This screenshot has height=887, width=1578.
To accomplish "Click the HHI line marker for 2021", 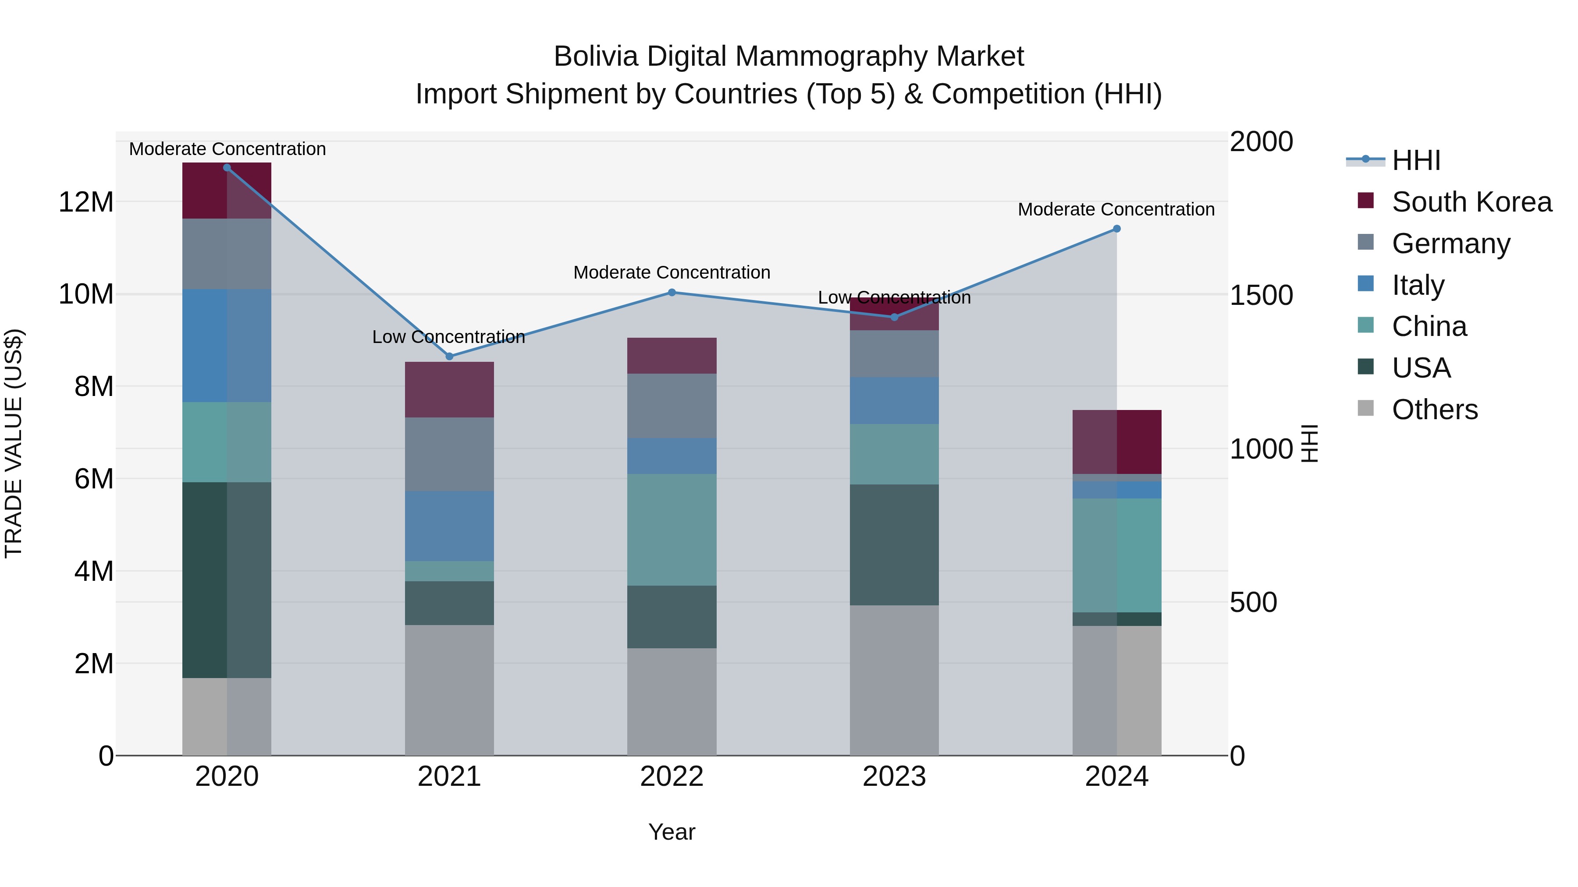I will click(449, 356).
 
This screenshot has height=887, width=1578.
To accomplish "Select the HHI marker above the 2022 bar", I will click(672, 293).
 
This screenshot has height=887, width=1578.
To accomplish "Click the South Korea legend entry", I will click(1471, 202).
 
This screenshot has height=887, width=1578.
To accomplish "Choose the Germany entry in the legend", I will click(1450, 244).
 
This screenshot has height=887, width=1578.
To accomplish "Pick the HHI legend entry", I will click(1416, 160).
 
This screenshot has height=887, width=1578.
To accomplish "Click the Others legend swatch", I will click(1365, 408).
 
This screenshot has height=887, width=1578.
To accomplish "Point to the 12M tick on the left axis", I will click(86, 202).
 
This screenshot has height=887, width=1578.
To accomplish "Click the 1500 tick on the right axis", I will click(1261, 296).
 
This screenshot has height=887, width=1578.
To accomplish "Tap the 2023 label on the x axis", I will click(894, 777).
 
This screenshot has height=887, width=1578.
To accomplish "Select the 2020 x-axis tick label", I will click(227, 777).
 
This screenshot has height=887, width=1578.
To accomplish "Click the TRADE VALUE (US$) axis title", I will click(14, 443).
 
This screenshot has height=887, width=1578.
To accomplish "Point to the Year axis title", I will click(672, 832).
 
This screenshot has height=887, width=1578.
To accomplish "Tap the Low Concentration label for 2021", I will click(448, 337).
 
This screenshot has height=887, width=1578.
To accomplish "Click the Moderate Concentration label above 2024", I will click(1116, 209).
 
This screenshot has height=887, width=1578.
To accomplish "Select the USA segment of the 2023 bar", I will click(894, 545).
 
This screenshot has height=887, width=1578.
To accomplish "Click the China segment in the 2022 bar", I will click(672, 530).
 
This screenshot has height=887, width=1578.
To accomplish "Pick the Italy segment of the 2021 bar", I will click(449, 526).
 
